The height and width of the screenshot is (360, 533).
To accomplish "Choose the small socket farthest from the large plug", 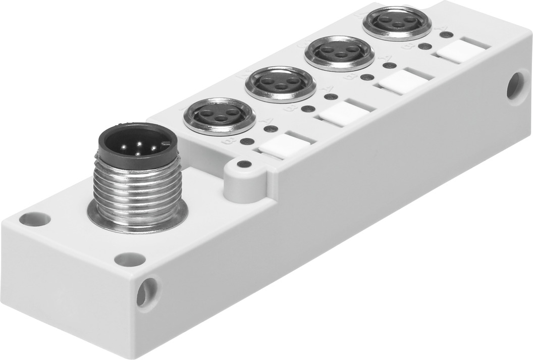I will tap(390, 23).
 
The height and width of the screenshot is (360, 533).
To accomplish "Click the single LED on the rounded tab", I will tap(244, 164).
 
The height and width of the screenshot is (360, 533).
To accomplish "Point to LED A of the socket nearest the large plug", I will tap(270, 128).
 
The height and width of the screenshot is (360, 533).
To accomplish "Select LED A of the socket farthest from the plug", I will tap(445, 35).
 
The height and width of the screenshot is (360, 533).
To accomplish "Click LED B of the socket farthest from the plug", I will tap(425, 46).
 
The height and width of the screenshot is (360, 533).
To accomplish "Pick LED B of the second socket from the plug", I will tap(307, 109).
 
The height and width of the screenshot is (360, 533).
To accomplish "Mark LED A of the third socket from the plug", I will tap(389, 65).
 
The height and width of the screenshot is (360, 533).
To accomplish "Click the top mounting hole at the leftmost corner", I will tap(35, 219).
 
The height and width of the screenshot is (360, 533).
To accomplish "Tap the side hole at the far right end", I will tap(517, 85).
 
